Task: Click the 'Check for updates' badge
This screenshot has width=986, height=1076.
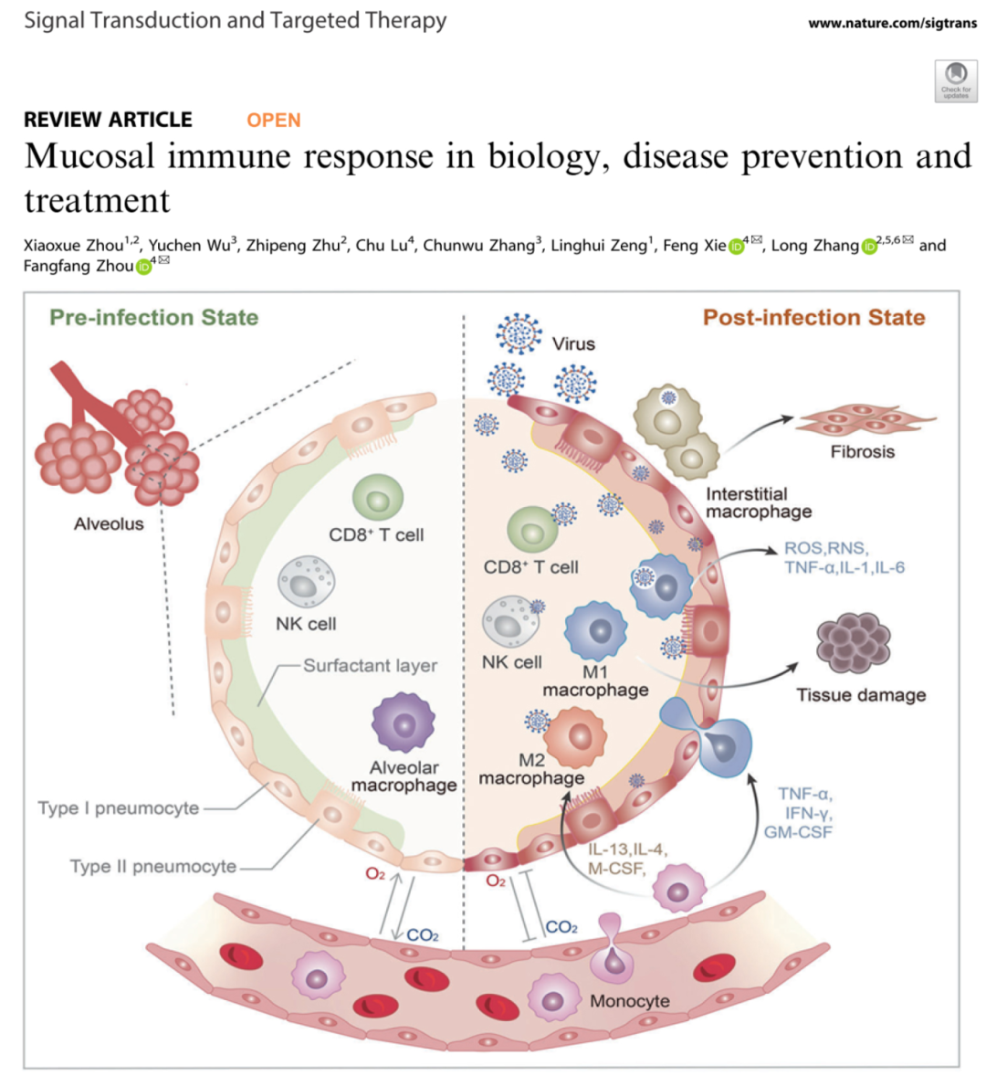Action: tap(956, 80)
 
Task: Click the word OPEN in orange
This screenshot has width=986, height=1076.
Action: tap(273, 120)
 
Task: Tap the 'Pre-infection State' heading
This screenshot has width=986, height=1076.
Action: tap(153, 318)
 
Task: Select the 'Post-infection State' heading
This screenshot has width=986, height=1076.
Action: tap(813, 318)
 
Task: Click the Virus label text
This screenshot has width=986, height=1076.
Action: tap(573, 344)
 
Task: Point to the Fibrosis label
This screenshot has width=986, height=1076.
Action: tap(862, 451)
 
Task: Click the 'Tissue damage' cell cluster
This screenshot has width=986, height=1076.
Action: tap(853, 642)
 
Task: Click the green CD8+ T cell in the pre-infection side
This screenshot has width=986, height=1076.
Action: tap(378, 498)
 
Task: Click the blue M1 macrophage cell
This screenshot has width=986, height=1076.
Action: tap(596, 631)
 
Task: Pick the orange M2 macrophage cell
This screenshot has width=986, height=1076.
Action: tap(575, 735)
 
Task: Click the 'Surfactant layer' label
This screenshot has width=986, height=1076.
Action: tap(370, 666)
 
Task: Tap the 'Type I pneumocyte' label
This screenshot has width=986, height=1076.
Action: tap(118, 808)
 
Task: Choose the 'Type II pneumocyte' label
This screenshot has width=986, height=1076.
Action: tap(152, 866)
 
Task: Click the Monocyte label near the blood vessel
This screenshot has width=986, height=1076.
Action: tap(629, 1001)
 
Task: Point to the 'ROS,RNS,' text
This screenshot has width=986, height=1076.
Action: tap(826, 549)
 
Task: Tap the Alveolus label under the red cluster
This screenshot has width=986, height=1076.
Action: tap(109, 524)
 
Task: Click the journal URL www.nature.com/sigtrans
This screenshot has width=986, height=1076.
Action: tap(892, 24)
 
